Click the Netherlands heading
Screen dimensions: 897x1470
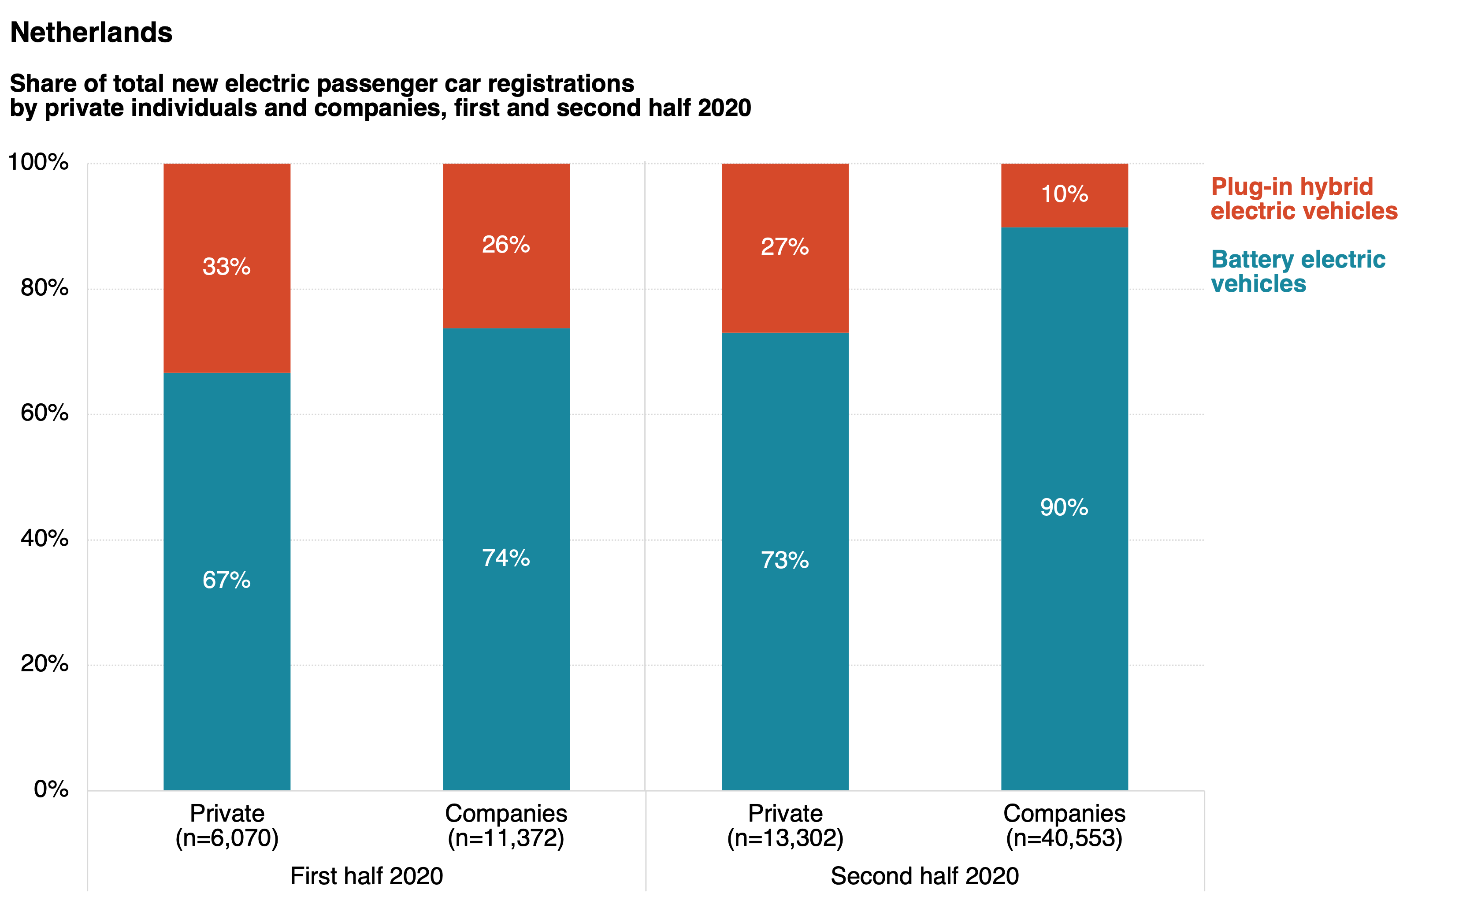pos(91,32)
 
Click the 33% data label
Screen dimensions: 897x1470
pos(226,267)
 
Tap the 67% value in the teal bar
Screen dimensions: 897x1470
pos(226,580)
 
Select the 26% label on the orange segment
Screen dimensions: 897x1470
pos(505,245)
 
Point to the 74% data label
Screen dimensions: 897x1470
pos(505,558)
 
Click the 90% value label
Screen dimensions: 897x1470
pos(1064,507)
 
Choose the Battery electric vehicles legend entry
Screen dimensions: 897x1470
pos(1298,272)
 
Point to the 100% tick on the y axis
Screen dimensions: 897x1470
pos(38,162)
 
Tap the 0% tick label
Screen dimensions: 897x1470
pos(51,789)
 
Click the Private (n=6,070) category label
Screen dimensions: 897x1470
pos(226,826)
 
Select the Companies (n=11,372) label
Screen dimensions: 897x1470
pos(506,826)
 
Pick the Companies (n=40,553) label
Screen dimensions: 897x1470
pos(1064,826)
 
